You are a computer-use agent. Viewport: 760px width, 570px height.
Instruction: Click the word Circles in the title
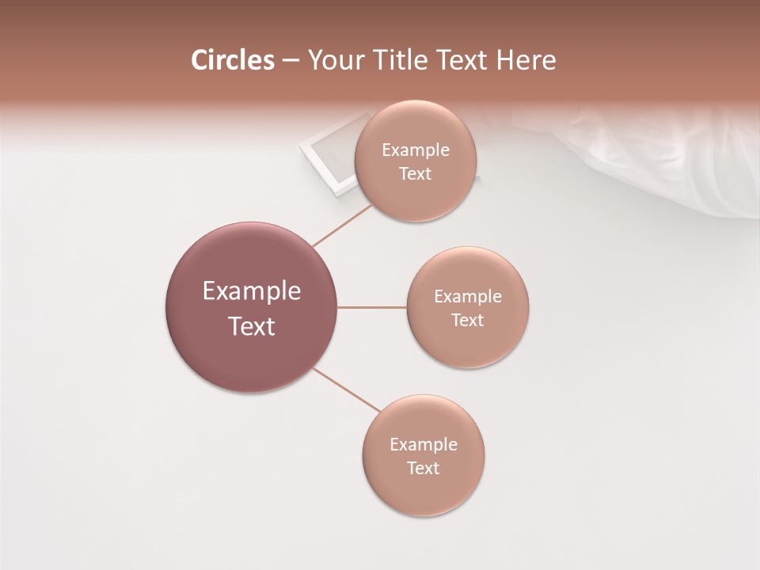pos(233,60)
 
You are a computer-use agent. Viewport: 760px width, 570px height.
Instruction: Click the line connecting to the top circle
pos(342,226)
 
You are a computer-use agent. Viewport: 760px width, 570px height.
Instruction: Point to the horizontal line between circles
pos(371,307)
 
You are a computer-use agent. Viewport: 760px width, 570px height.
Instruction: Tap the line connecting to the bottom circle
pos(347,390)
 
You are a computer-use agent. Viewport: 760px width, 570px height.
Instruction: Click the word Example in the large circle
pos(252,291)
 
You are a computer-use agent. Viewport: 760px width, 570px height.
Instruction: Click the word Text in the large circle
pos(252,326)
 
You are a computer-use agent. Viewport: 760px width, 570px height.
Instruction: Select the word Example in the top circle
pos(416,150)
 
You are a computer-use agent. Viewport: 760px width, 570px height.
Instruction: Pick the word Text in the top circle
pos(416,174)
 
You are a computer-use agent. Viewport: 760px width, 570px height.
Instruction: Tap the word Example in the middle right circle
pos(468,297)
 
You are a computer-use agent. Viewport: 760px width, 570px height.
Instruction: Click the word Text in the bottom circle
pos(424,468)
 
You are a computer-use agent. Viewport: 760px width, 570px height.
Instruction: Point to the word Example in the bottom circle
pos(424,445)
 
